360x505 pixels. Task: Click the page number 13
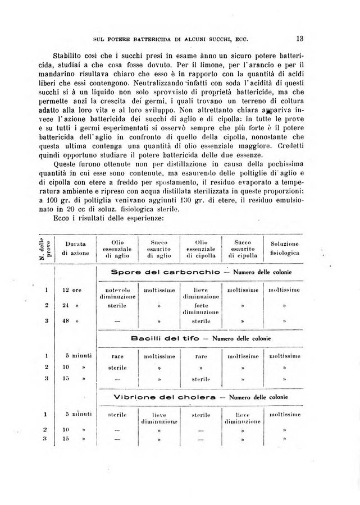[299, 39]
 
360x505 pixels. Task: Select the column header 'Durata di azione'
[75, 249]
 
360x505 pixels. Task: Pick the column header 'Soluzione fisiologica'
[285, 249]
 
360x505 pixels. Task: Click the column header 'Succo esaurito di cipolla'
[242, 248]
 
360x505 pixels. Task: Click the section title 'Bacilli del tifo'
[159, 339]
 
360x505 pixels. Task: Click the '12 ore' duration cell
[73, 290]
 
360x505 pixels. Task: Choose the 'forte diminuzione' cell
[200, 309]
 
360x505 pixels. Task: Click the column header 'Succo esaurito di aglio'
[160, 248]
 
